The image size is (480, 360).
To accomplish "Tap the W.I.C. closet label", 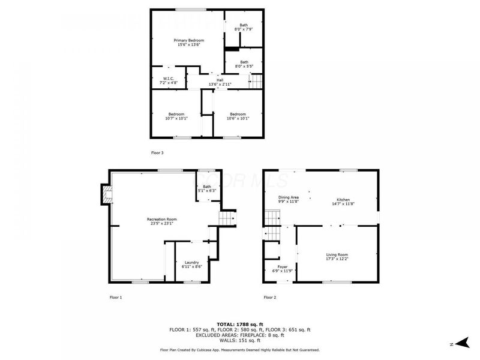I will coord(169,80).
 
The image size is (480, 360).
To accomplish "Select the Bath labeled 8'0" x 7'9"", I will coord(244,27).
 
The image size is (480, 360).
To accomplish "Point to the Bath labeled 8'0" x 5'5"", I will coord(244,64).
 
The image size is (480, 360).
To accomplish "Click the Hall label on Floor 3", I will coord(220,82).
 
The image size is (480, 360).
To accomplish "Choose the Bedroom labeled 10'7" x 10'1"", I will coord(176,116).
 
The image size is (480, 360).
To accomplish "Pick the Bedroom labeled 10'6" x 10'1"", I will coord(238,116).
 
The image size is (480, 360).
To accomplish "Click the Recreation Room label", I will coord(162,221).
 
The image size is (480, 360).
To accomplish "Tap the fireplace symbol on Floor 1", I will coord(106,194).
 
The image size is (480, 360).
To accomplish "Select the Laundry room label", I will coord(191,264).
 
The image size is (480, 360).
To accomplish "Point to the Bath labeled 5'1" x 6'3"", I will coord(207,188).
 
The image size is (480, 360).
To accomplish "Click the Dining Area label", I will coord(289,200).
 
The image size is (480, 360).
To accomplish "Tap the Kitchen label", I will coord(343,202).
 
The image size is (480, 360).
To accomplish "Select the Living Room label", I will coord(337,257).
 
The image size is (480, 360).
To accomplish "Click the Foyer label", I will coord(282,268).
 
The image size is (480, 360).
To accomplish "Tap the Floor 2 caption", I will coord(270,297).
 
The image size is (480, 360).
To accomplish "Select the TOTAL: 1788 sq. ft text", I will coord(239,324).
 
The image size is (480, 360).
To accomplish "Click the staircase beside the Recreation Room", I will coord(226,219).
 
